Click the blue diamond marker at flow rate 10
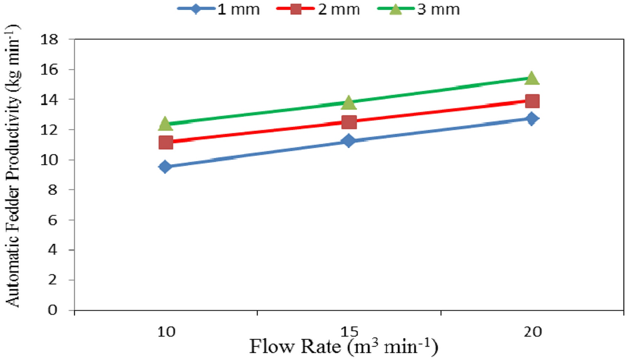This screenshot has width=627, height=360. (165, 166)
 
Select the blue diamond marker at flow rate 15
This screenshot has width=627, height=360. (348, 140)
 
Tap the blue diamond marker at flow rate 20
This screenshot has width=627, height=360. (532, 119)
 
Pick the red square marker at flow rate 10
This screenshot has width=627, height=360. (165, 142)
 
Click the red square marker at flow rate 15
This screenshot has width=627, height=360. (348, 122)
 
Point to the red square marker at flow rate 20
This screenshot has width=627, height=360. (532, 101)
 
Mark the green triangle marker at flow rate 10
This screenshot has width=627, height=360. (165, 123)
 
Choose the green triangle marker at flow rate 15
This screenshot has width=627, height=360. (348, 103)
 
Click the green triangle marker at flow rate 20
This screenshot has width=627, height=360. (532, 78)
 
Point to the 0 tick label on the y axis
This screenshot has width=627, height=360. (58, 310)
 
